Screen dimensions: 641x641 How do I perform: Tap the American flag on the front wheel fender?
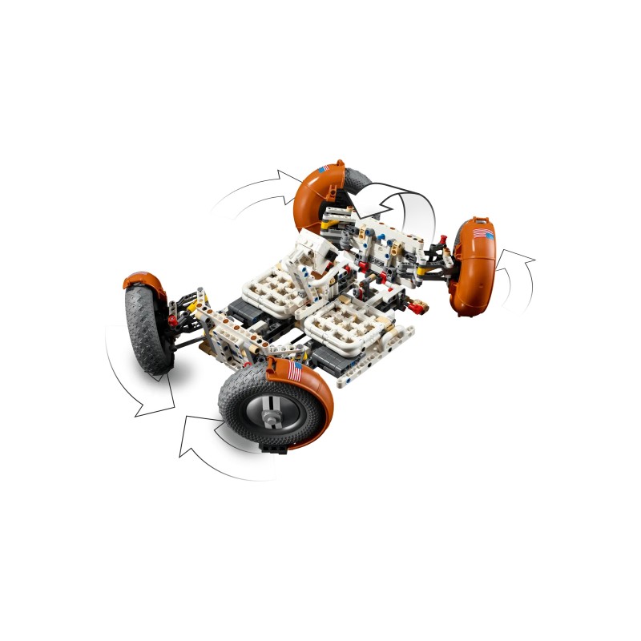pyautogui.click(x=294, y=371)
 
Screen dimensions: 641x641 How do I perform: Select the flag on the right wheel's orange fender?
pyautogui.click(x=482, y=233)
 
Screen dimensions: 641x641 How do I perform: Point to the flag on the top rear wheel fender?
pyautogui.click(x=324, y=169)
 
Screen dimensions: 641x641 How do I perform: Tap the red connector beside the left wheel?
pyautogui.click(x=172, y=320)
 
